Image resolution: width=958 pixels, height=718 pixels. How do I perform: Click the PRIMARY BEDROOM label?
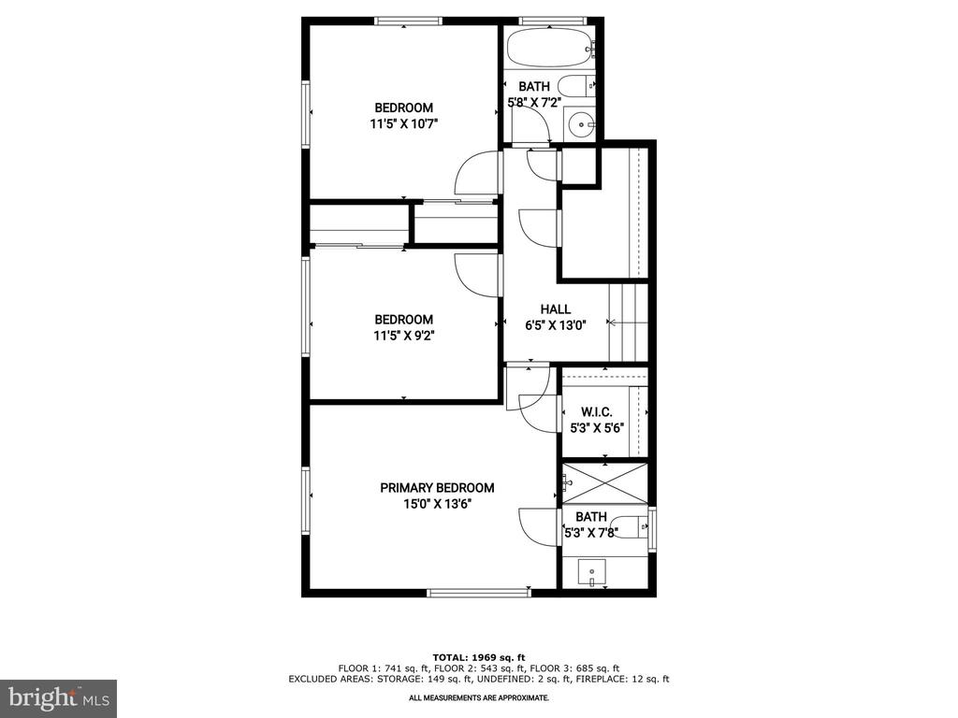click(x=437, y=488)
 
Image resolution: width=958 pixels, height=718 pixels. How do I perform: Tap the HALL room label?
click(x=556, y=309)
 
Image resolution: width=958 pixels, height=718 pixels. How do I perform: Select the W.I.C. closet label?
click(x=596, y=412)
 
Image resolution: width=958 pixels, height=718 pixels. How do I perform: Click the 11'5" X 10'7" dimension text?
click(x=404, y=124)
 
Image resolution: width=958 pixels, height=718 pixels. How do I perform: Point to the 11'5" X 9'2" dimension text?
click(x=404, y=336)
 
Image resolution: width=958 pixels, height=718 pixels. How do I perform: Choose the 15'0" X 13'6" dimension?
click(x=437, y=504)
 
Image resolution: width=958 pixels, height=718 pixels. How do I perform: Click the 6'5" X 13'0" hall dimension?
click(x=556, y=325)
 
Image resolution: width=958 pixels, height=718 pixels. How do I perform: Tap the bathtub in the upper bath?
click(x=550, y=48)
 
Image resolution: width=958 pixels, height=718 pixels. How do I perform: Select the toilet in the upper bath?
click(x=576, y=86)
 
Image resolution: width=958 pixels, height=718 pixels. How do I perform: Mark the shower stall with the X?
click(x=604, y=483)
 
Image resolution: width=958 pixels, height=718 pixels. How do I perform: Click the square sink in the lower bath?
click(x=591, y=572)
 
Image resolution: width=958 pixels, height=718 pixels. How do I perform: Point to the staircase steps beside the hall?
click(x=628, y=323)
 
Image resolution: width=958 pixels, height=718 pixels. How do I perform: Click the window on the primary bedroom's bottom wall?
click(x=478, y=592)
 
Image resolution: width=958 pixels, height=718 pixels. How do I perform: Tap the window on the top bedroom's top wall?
click(x=408, y=22)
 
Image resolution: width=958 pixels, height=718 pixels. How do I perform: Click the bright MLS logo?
click(x=59, y=697)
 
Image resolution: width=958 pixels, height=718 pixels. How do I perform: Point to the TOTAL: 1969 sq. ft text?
click(x=478, y=657)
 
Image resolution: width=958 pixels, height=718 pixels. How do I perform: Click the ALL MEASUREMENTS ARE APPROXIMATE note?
click(x=478, y=697)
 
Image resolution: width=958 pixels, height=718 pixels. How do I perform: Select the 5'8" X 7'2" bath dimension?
click(x=534, y=103)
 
